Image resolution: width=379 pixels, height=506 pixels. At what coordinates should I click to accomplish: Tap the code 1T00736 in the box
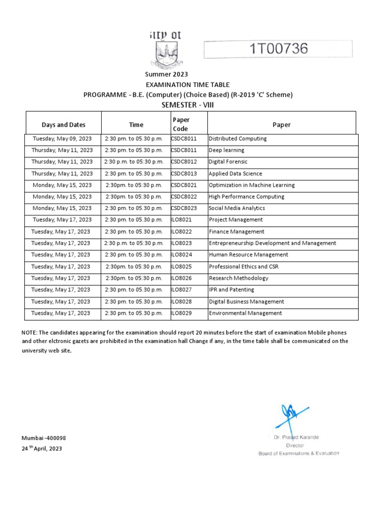point(279,49)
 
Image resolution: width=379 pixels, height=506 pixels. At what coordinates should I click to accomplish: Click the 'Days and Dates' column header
point(63,125)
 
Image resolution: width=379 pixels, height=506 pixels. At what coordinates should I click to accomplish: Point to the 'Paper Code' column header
point(181,124)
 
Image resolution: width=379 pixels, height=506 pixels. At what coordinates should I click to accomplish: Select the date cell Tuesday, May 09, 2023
point(62,139)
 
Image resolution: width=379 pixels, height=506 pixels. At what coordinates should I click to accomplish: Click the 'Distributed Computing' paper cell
point(237,139)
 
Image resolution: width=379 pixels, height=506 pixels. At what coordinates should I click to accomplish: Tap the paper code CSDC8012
point(184,162)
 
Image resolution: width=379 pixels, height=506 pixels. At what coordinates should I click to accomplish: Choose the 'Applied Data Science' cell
point(235,174)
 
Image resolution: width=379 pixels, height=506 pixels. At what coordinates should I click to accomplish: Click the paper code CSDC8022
point(184,197)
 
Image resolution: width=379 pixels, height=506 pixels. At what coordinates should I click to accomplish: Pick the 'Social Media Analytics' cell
point(236,209)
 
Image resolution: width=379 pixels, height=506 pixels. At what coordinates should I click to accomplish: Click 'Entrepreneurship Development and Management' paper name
point(272,243)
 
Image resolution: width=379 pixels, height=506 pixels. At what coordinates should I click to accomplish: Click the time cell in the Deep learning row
point(133,150)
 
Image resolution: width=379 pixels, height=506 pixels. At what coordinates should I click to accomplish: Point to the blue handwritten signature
point(293,416)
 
